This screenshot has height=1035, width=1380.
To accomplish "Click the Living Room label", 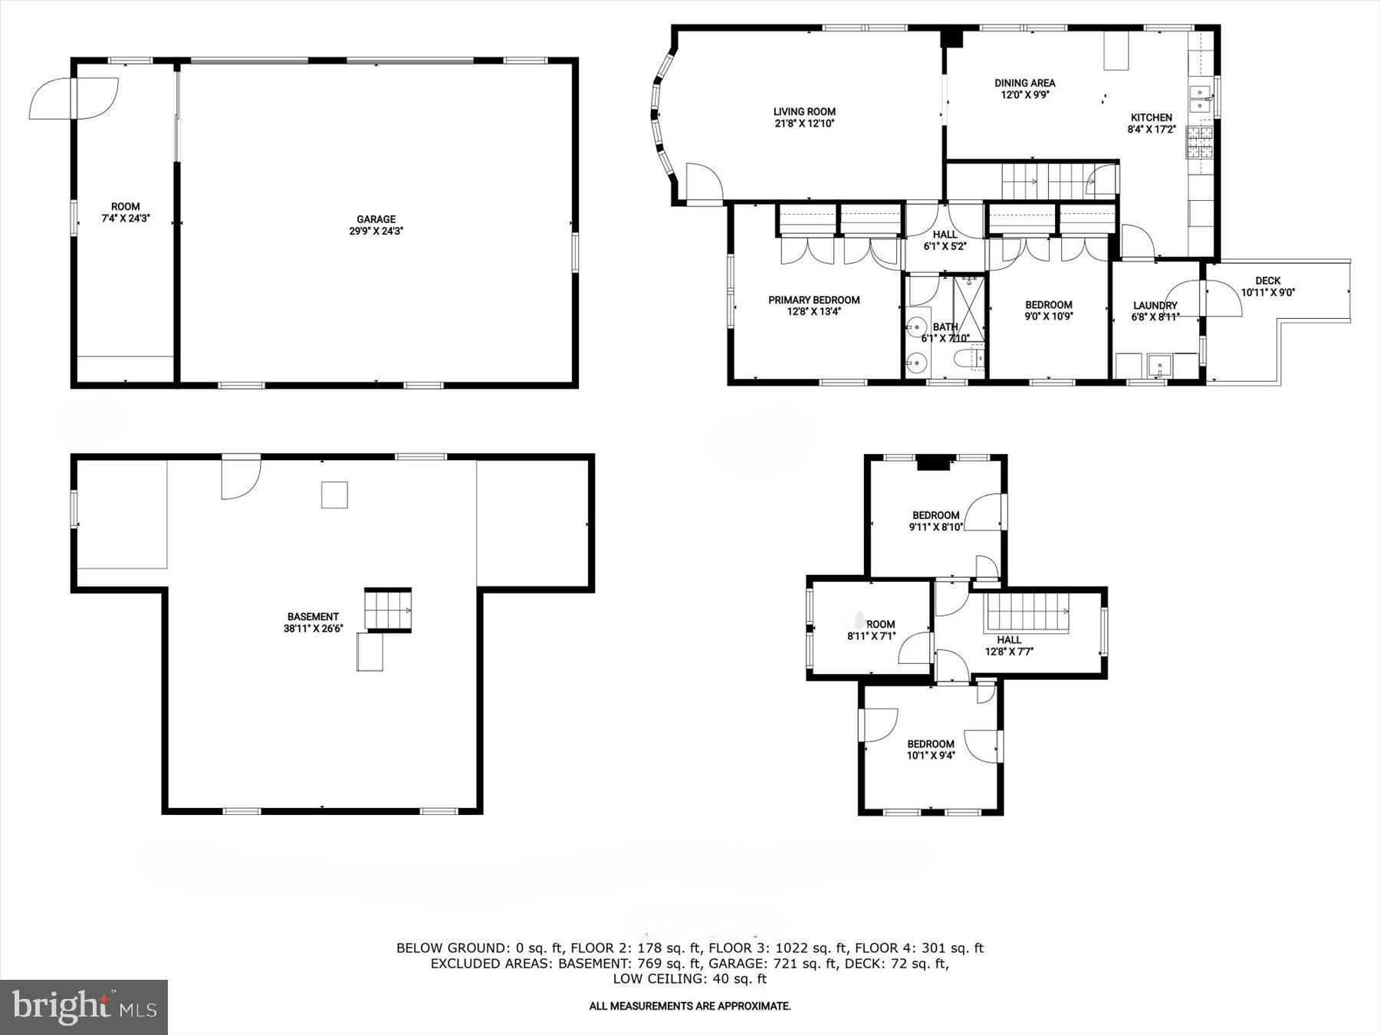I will [x=803, y=111].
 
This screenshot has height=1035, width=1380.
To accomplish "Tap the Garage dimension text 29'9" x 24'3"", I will [x=376, y=231].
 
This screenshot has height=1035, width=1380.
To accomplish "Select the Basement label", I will [x=313, y=616].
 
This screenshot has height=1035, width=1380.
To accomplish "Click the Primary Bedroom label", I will [x=813, y=300].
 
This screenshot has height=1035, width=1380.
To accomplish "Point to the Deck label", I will [x=1268, y=281].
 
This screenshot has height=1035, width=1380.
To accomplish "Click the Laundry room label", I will [x=1155, y=305].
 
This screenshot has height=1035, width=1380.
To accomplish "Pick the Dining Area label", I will [x=1025, y=83].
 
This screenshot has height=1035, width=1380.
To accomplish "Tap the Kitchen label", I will [x=1152, y=117].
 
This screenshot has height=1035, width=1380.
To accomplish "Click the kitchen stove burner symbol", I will [x=1198, y=143].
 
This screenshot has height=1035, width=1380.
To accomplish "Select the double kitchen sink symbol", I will [x=1200, y=100].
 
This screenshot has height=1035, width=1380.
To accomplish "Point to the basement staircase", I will [x=388, y=610].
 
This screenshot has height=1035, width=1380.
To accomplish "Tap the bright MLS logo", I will [x=84, y=1007].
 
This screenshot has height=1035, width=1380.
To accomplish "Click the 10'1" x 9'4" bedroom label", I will [x=931, y=744].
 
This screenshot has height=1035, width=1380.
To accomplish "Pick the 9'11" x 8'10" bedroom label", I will [x=935, y=515].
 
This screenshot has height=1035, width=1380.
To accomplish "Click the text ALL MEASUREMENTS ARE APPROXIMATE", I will [x=689, y=1006].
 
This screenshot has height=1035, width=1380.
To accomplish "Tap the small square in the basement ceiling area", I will [x=334, y=495].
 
